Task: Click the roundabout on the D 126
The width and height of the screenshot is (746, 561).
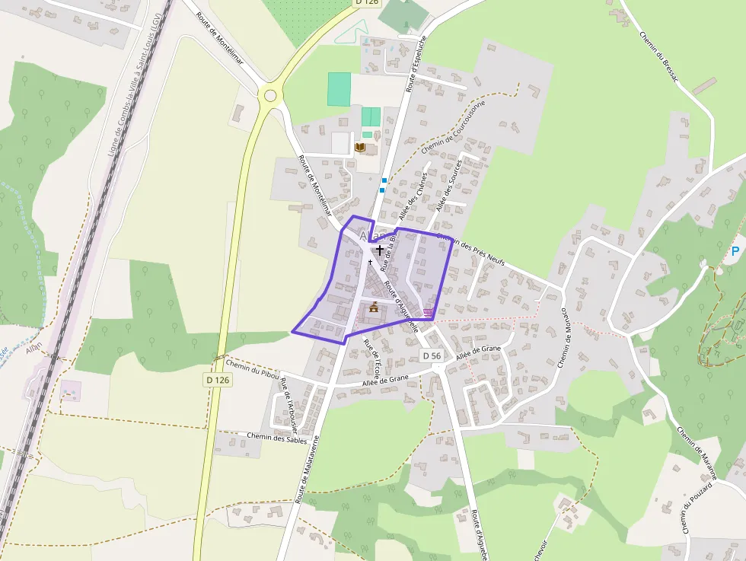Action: tap(269, 95)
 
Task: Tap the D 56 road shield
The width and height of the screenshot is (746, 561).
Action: tap(432, 356)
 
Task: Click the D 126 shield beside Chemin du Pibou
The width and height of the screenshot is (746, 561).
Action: tap(218, 379)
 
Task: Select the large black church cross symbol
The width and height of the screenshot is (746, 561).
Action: tap(379, 249)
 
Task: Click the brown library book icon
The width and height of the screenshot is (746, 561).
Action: tap(360, 147)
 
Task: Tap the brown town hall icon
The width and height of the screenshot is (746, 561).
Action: tap(373, 307)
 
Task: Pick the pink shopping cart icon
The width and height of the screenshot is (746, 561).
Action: tap(429, 312)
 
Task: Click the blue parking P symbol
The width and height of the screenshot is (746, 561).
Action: tap(735, 251)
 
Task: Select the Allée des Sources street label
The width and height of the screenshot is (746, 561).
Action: tap(449, 189)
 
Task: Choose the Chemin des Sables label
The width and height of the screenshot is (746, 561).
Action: tap(278, 438)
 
